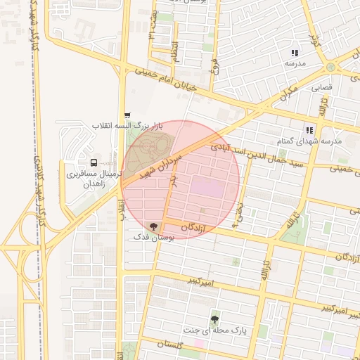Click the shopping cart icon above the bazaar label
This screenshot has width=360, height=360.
pyautogui.click(x=127, y=115)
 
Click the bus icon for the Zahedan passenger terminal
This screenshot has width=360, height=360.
pyautogui.click(x=94, y=162)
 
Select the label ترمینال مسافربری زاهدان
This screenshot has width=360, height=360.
pyautogui.click(x=94, y=176)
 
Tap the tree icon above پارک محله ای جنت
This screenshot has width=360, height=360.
pyautogui.click(x=214, y=319)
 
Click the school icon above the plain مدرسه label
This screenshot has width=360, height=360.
pyautogui.click(x=295, y=53)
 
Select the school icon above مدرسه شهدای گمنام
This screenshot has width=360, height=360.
pyautogui.click(x=309, y=130)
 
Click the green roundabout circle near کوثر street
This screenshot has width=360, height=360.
pyautogui.click(x=330, y=67)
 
